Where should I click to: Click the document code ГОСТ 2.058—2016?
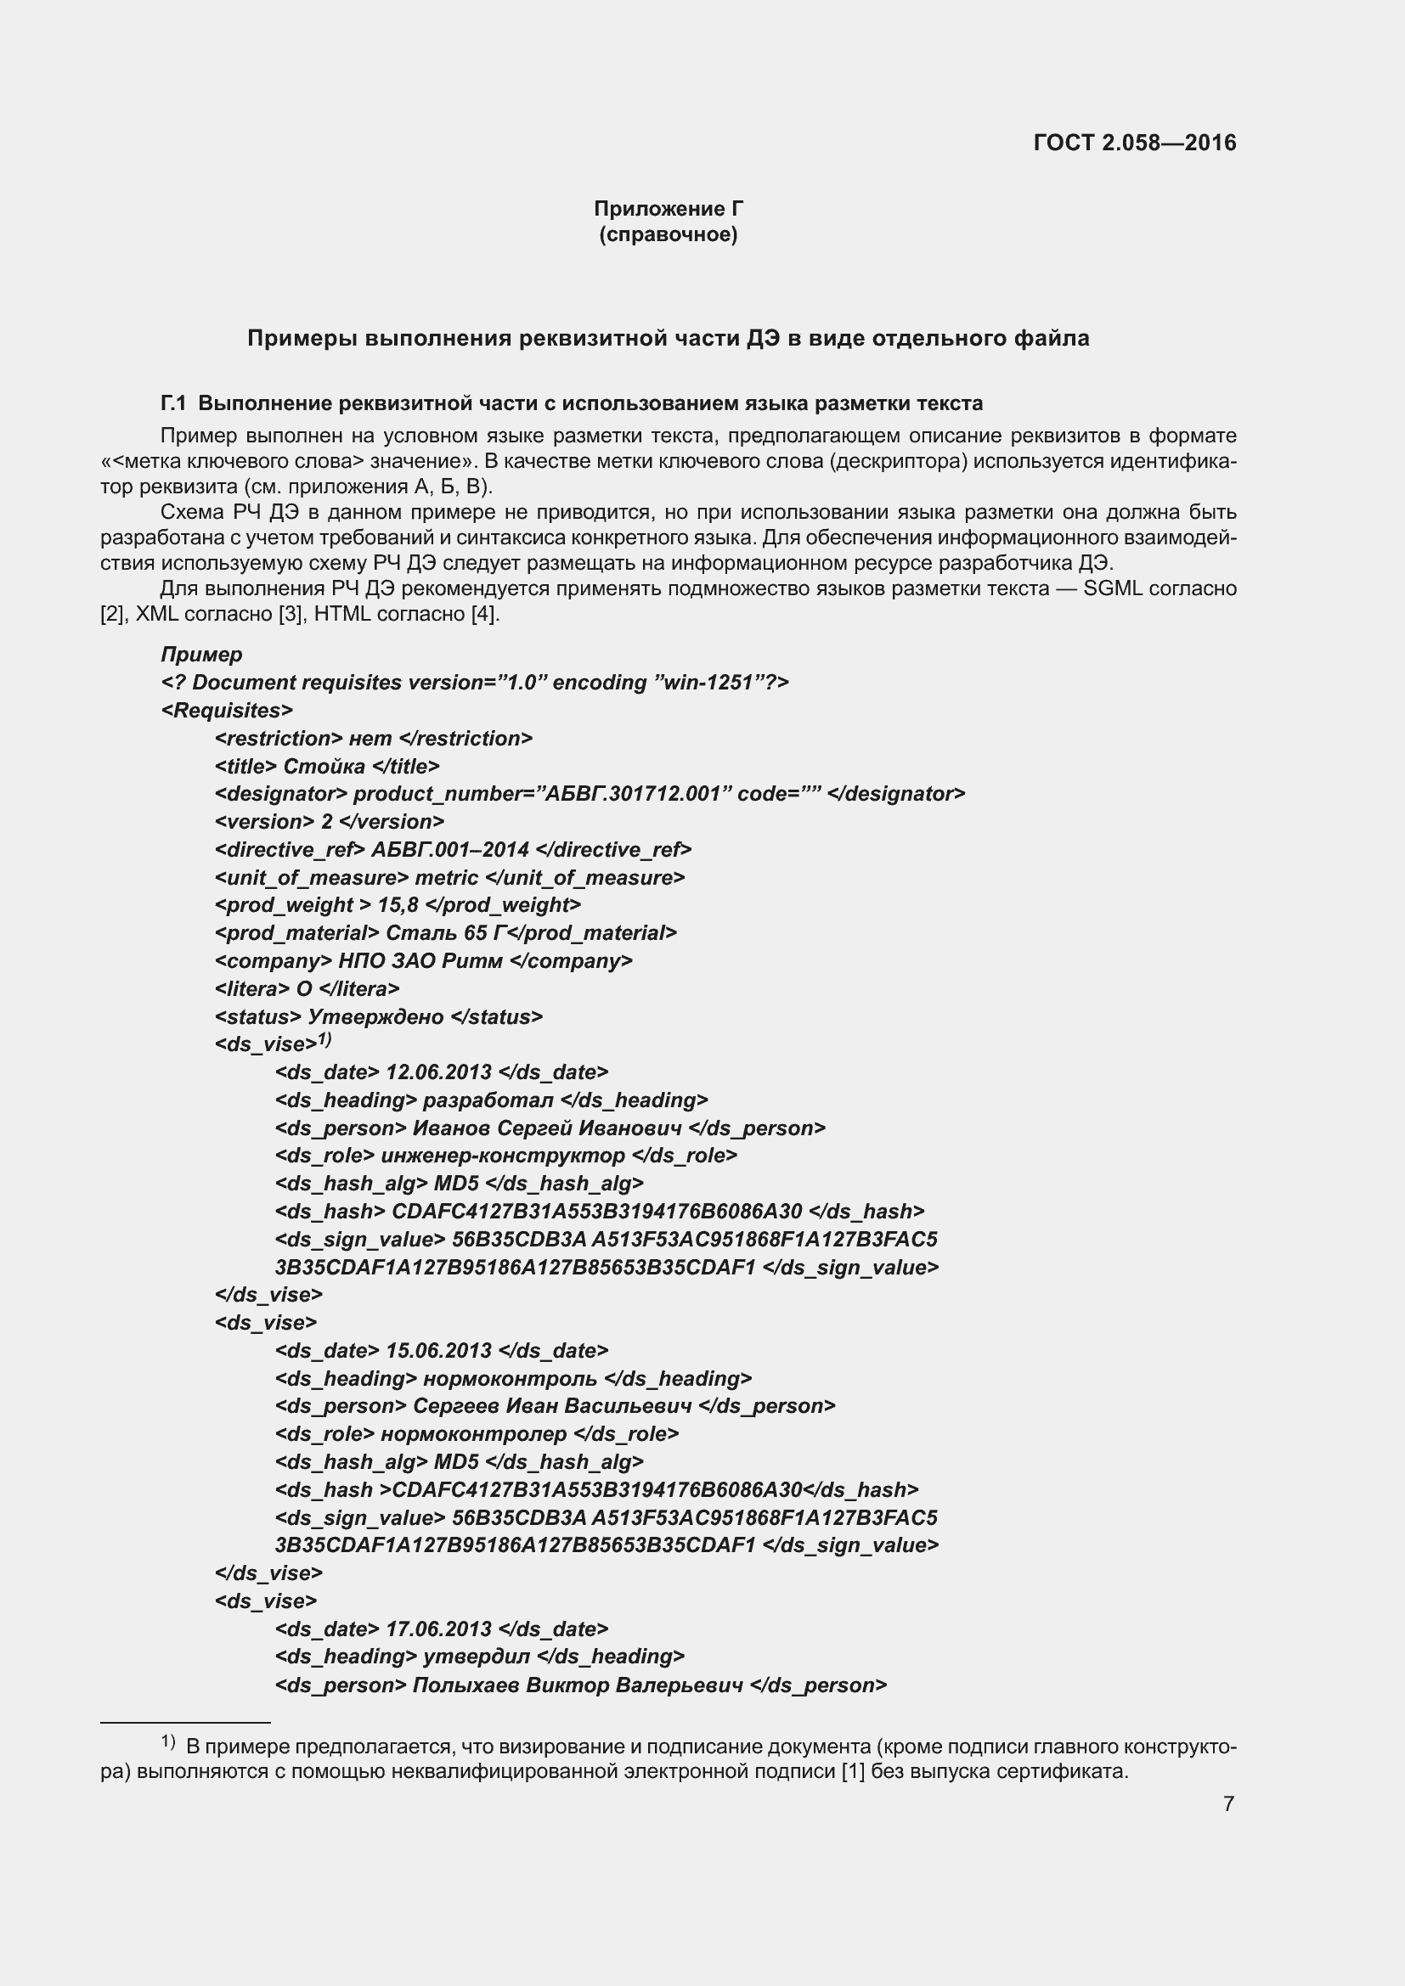coord(1134,143)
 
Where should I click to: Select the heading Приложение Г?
coord(668,209)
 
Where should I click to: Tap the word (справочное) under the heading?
coord(668,234)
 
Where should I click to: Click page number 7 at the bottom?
coord(1228,1803)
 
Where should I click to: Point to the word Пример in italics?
coord(201,654)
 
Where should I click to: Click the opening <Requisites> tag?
coord(227,710)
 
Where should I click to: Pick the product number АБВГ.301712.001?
coord(633,794)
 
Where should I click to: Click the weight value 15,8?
coord(398,905)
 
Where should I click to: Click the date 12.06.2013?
coord(438,1072)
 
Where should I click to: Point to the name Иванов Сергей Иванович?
coord(547,1128)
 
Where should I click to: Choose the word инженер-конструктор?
coord(503,1156)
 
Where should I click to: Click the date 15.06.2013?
coord(438,1350)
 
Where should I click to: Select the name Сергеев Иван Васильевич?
coord(552,1405)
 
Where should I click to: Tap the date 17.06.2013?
coord(438,1629)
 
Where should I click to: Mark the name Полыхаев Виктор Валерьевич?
coord(578,1685)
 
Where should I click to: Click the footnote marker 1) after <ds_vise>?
coord(324,1038)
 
